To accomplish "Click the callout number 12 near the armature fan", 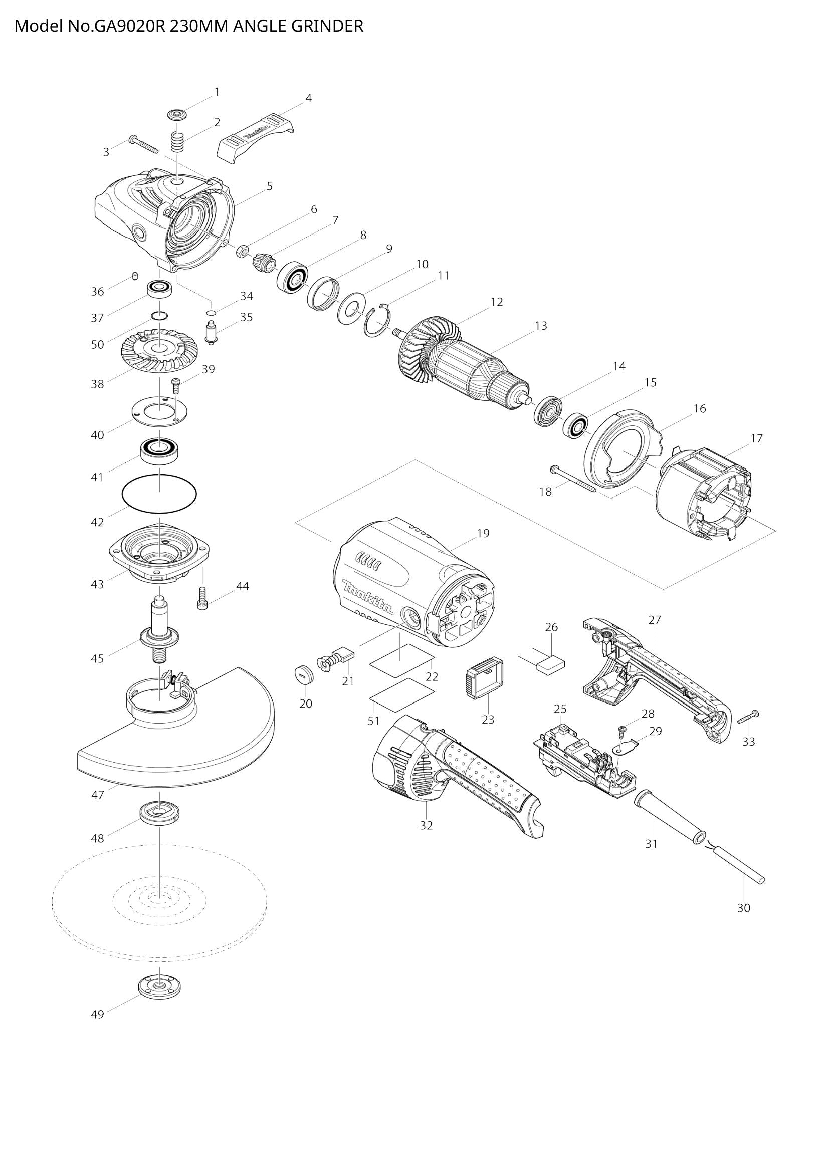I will (496, 302).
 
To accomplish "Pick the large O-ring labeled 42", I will (159, 492).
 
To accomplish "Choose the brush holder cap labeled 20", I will (304, 674).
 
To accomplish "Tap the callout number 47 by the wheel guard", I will (98, 795).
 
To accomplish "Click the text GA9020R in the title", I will (130, 26).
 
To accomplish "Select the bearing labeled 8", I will (293, 278).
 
